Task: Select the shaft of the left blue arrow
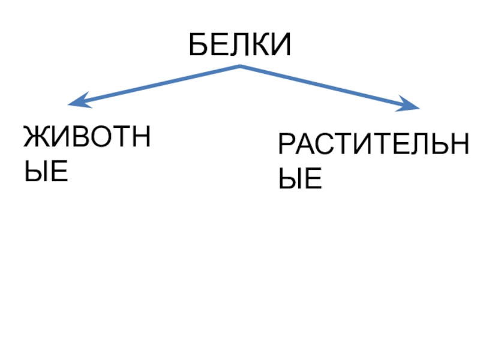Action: (x=156, y=84)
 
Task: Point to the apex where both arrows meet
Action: (x=240, y=65)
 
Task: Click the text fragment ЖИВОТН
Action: (x=86, y=139)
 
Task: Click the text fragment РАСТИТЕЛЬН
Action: (x=373, y=146)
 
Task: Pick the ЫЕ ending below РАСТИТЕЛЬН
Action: (x=300, y=179)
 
